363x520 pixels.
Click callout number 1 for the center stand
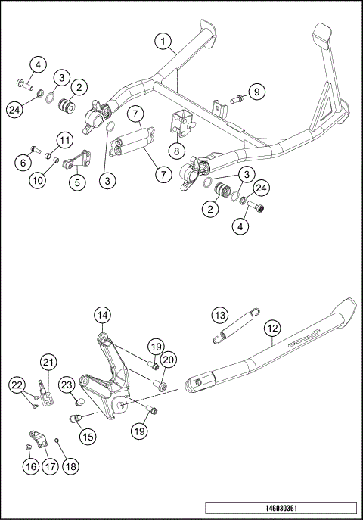click(x=163, y=40)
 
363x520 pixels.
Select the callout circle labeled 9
click(x=257, y=92)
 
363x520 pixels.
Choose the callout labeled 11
click(x=64, y=141)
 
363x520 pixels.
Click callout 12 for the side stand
click(x=272, y=329)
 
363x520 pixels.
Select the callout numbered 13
click(x=219, y=315)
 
